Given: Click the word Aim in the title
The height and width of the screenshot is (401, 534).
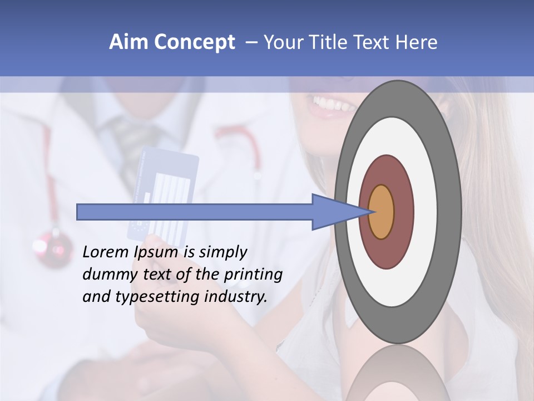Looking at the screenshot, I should pyautogui.click(x=128, y=42).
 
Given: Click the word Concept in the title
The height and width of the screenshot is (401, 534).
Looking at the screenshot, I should pyautogui.click(x=194, y=42).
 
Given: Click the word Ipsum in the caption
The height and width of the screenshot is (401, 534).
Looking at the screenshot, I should pyautogui.click(x=156, y=253).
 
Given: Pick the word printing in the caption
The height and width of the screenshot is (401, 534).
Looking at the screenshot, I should pyautogui.click(x=253, y=275).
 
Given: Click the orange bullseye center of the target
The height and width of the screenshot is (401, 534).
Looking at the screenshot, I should pyautogui.click(x=382, y=212).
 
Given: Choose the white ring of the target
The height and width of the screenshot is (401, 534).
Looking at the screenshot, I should pyautogui.click(x=426, y=212).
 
